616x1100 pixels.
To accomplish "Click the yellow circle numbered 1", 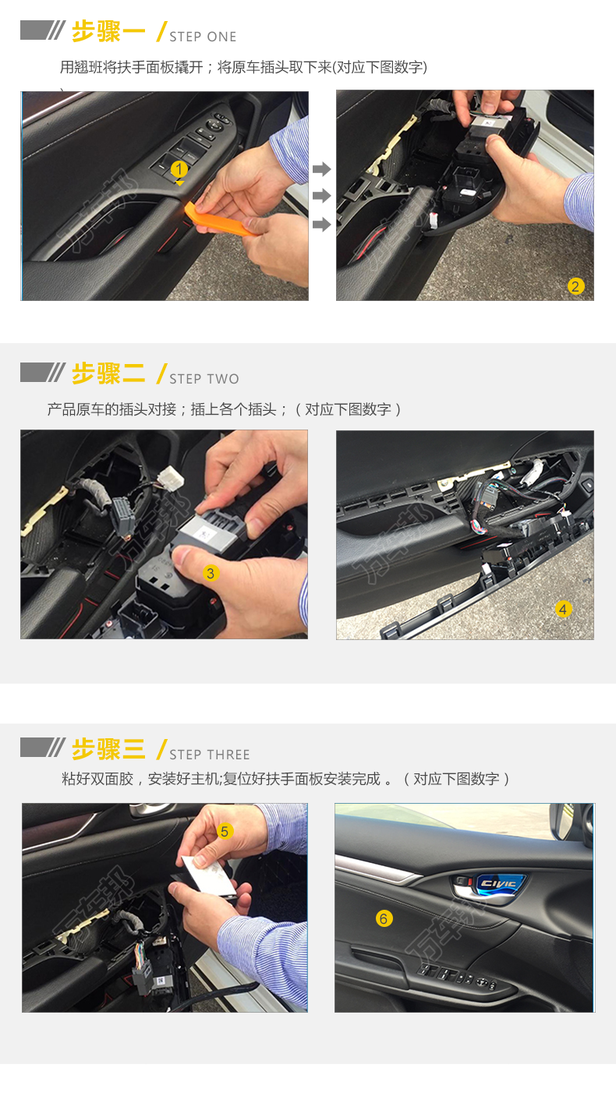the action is [x=179, y=169].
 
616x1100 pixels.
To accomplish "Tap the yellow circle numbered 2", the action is [x=575, y=286].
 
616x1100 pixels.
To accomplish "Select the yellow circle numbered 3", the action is [x=211, y=573].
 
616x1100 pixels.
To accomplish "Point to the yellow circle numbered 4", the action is [x=563, y=609].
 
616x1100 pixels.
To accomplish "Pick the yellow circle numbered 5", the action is [x=225, y=831].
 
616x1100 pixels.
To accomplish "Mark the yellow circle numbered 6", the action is [x=384, y=918].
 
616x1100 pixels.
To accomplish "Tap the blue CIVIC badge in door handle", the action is [x=500, y=885].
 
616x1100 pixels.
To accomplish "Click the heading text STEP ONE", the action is [x=203, y=37].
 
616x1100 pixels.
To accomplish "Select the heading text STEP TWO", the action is [x=204, y=379].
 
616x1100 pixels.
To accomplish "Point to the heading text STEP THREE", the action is [x=210, y=755].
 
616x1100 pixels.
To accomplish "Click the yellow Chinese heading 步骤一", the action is [x=108, y=31].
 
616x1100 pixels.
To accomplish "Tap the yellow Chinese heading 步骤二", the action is [x=108, y=373].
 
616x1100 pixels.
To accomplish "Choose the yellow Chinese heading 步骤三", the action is [x=108, y=749].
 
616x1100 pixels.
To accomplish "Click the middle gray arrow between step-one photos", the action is [x=322, y=196].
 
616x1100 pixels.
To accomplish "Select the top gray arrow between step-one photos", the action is [x=322, y=169].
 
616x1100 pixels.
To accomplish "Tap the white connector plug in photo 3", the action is [x=170, y=477].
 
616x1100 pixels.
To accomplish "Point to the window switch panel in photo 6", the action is [x=457, y=975].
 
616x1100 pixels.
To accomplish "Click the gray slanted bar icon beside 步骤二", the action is [x=43, y=373].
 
